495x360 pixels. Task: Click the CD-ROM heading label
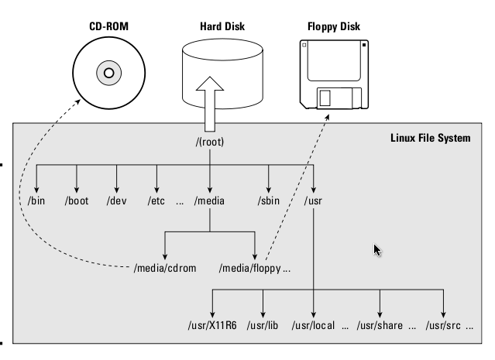tap(108, 26)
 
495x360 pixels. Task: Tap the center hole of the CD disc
tap(108, 74)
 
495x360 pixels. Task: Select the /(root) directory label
tap(209, 143)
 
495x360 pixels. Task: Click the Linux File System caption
tap(430, 139)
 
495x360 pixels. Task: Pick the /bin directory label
tap(36, 201)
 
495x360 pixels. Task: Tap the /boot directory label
tap(77, 201)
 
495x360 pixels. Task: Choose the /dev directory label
tap(116, 201)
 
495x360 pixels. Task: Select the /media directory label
tap(209, 201)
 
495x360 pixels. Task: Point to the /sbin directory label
tap(269, 201)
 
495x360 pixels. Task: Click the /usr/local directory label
tap(313, 326)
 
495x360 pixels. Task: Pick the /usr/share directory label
tap(380, 326)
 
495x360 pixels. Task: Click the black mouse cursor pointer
tap(377, 250)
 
